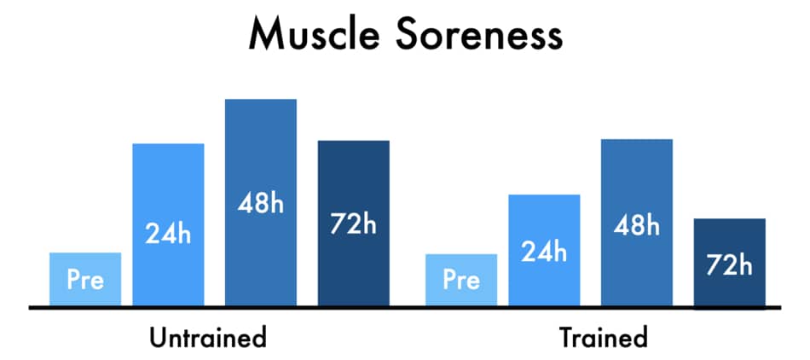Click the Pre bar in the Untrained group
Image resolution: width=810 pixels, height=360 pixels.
[85, 279]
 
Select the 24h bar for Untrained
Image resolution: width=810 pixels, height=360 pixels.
[169, 224]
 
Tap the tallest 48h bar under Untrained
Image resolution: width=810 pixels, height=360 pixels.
[261, 202]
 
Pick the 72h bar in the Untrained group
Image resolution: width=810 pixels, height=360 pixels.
[353, 224]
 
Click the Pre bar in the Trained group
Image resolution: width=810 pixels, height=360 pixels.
[461, 280]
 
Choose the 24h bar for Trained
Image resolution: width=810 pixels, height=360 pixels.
[545, 250]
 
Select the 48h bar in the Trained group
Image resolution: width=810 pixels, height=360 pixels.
[637, 223]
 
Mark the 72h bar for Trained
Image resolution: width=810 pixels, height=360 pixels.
[729, 264]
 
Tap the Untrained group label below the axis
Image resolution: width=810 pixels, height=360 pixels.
[208, 339]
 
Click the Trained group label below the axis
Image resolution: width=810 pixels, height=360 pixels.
[604, 339]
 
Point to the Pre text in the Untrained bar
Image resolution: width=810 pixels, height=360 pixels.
[86, 281]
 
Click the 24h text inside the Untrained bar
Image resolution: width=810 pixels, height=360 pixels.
[168, 234]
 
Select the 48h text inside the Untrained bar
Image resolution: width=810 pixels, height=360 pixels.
[261, 204]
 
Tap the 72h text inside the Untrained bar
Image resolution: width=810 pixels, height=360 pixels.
[353, 224]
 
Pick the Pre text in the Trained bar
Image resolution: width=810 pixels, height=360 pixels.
[462, 281]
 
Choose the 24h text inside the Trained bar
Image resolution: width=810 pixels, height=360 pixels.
[544, 252]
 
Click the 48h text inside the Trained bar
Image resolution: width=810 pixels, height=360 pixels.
[637, 226]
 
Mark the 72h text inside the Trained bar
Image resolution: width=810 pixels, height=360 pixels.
[729, 265]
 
